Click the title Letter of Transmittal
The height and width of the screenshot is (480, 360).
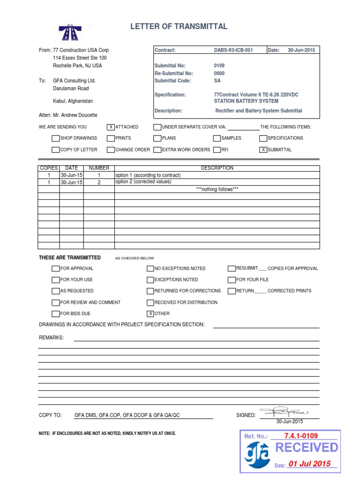click(x=179, y=26)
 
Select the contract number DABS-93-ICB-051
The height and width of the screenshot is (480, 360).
click(x=233, y=50)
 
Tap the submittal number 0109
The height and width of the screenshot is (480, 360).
click(x=219, y=66)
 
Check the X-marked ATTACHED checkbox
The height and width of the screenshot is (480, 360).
click(x=111, y=127)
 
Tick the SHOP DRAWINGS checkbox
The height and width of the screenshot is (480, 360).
click(x=56, y=138)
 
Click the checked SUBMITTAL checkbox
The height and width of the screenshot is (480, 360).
click(x=263, y=150)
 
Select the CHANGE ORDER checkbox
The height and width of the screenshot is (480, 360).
click(x=111, y=150)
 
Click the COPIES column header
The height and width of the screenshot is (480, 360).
click(x=49, y=168)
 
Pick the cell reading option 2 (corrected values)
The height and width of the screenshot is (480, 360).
click(x=143, y=182)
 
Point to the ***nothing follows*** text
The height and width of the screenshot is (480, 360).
click(x=217, y=189)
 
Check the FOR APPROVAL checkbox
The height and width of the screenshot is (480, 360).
click(x=56, y=269)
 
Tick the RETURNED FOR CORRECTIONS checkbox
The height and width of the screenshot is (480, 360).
click(x=150, y=291)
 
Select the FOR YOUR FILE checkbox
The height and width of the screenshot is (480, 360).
click(x=232, y=280)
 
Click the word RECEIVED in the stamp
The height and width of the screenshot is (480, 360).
click(x=306, y=448)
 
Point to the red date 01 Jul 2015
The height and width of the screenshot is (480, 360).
click(x=309, y=464)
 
